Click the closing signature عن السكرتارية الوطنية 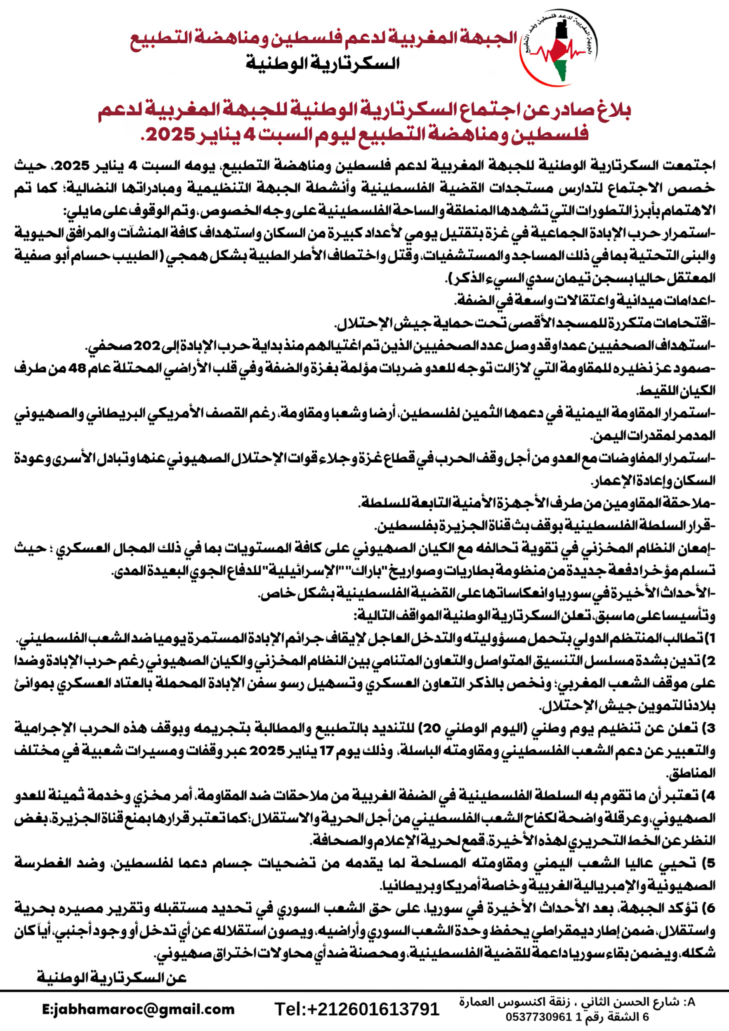click(x=112, y=977)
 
